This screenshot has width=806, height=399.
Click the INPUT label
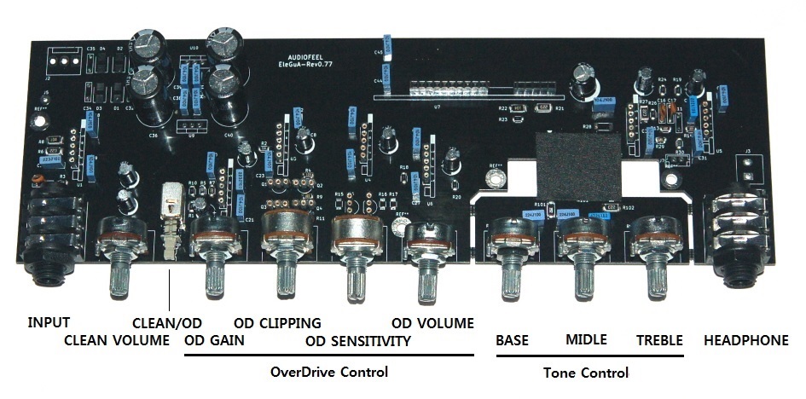[x=49, y=323]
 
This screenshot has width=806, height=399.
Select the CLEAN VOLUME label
[x=118, y=342]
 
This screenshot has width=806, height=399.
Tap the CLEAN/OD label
[x=167, y=323]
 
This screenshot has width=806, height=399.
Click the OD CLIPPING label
[x=277, y=323]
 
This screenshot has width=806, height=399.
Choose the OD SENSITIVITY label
[x=358, y=342]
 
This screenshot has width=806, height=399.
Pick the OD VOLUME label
[x=432, y=323]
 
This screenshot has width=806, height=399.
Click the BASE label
[x=513, y=340]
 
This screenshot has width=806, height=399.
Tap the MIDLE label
[x=586, y=340]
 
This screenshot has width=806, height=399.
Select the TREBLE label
[x=659, y=340]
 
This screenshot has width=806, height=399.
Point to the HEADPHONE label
[x=746, y=340]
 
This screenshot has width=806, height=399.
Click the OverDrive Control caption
[x=328, y=372]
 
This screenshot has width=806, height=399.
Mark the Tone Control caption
[x=586, y=373]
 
